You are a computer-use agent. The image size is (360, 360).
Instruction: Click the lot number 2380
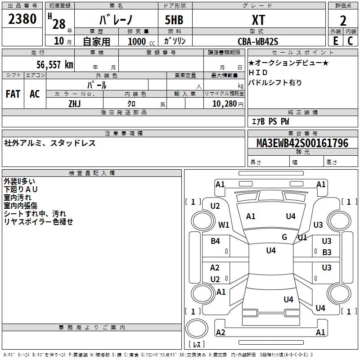[x=22, y=19]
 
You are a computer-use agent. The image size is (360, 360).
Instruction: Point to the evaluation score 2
[x=343, y=20]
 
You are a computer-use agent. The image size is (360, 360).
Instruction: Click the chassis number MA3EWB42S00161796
[x=302, y=143]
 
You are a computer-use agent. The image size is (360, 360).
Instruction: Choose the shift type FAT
[x=13, y=94]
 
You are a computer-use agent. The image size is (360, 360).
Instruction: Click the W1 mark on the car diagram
[x=224, y=225]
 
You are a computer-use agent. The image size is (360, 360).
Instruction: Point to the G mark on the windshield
[x=284, y=237]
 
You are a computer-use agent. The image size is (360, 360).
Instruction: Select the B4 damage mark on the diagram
[x=215, y=241]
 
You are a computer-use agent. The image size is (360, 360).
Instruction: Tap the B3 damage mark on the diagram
[x=327, y=252]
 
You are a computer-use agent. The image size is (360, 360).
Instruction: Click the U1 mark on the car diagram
[x=302, y=237]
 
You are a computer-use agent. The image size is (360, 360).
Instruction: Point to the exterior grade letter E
[x=335, y=41]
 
